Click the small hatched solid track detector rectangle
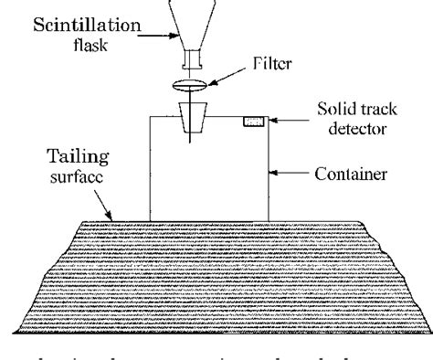253,122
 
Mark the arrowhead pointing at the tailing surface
111,217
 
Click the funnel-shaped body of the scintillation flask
194,23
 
